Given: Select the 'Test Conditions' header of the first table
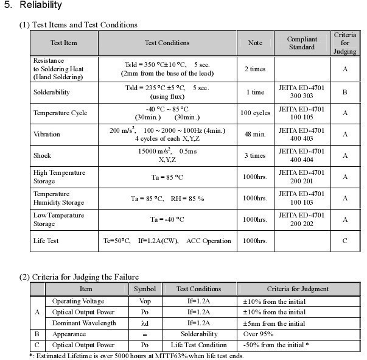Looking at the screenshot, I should tap(167, 43).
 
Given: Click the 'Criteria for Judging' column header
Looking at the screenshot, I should tap(345, 43).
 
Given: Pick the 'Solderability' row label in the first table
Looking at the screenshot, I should tap(51, 92).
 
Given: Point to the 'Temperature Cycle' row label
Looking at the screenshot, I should tap(60, 113).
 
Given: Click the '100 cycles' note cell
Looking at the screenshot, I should tap(255, 113).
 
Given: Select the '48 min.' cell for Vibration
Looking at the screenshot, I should tap(255, 134).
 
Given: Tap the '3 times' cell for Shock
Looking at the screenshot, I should tap(255, 155).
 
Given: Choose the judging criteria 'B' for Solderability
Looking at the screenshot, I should tap(345, 92).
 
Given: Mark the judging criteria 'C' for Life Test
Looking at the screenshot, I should tap(345, 241).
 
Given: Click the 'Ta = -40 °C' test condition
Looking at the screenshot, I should tap(167, 219).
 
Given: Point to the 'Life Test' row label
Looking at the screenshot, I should tap(46, 241).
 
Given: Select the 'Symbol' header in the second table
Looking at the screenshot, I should tap(145, 289).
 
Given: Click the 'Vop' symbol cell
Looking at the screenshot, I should tap(145, 301).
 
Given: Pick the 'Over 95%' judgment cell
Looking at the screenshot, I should tap(258, 334).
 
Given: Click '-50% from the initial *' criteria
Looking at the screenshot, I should tap(276, 345).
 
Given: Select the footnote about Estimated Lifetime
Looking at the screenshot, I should tap(136, 356).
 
